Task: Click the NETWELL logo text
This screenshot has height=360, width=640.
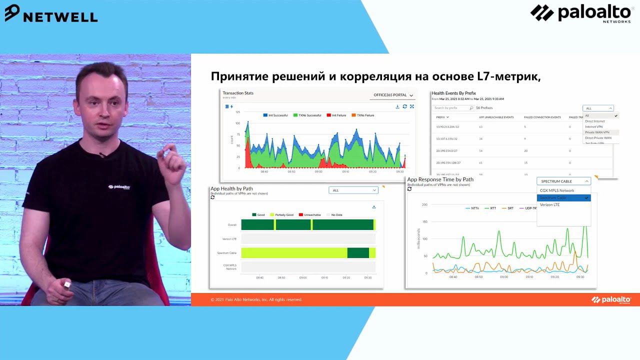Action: pyautogui.click(x=60, y=16)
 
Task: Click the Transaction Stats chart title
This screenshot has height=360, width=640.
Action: pyautogui.click(x=238, y=93)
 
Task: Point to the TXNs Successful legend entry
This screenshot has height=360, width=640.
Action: pyautogui.click(x=307, y=115)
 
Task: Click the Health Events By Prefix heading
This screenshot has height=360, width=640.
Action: pyautogui.click(x=453, y=93)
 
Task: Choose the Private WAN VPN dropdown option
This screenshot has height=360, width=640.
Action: pyautogui.click(x=597, y=132)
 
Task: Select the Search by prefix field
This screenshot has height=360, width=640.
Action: pyautogui.click(x=452, y=108)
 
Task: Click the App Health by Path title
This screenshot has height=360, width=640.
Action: pyautogui.click(x=231, y=189)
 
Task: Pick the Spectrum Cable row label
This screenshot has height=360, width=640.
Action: pyautogui.click(x=226, y=253)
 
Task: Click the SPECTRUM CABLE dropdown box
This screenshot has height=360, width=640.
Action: pyautogui.click(x=563, y=181)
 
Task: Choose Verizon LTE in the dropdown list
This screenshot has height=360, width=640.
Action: pyautogui.click(x=549, y=205)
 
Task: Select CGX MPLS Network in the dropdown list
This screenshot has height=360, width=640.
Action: pyautogui.click(x=557, y=190)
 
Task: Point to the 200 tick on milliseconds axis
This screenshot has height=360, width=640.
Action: pyautogui.click(x=424, y=205)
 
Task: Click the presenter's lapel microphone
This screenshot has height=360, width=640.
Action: pyautogui.click(x=102, y=155)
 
